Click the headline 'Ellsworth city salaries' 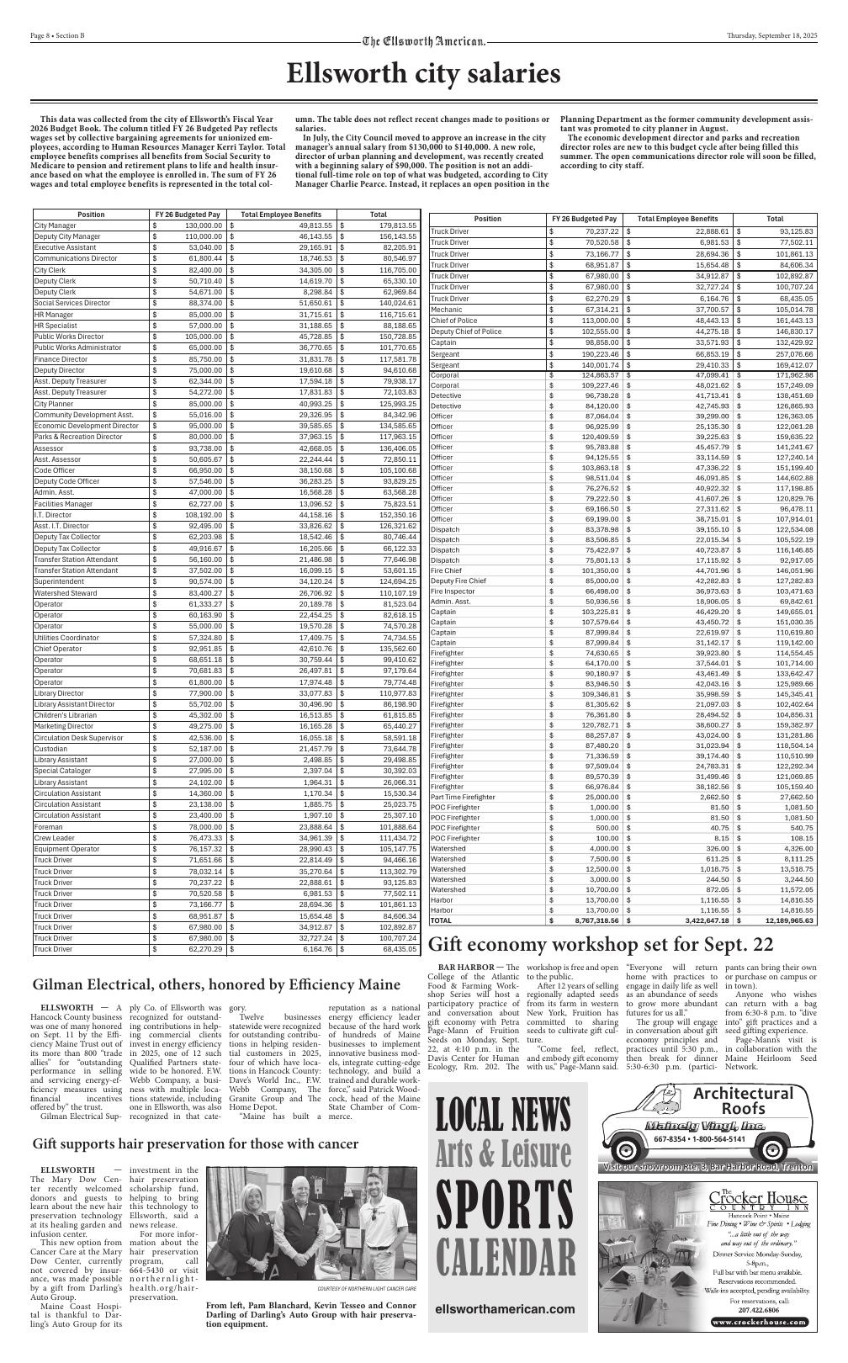coord(423,75)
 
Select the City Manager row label coord(55,225)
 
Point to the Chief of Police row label coord(453,321)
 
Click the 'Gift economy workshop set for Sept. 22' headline coord(601,943)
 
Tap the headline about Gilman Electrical coord(216,984)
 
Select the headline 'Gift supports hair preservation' coord(195,1144)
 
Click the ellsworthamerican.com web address coord(506,1309)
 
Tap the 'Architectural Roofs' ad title coord(743,1101)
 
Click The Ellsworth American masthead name coord(424,41)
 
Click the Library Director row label coord(58,692)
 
